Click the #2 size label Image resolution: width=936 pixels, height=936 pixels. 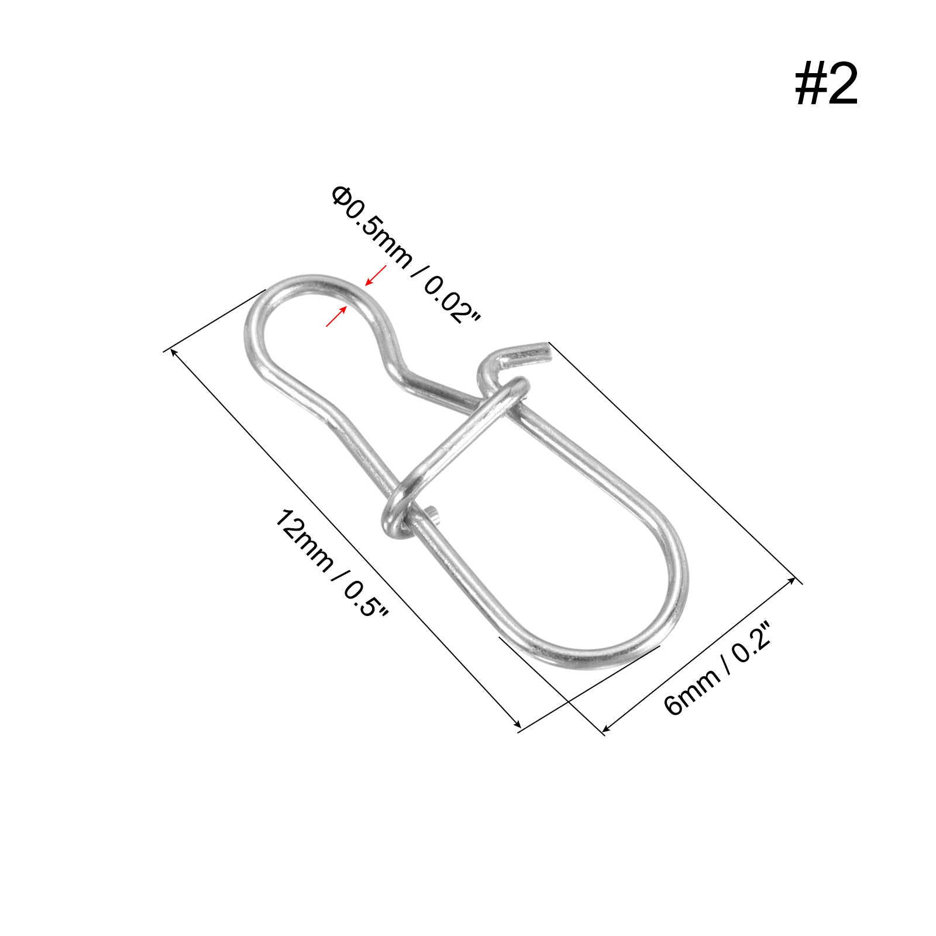pos(826,85)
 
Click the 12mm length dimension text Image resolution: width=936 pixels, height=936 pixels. pos(304,539)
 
